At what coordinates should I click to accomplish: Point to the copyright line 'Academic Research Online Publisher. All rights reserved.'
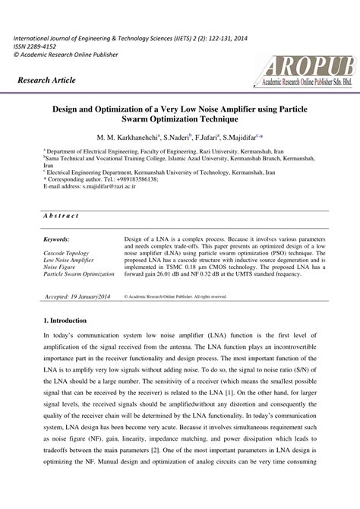pyautogui.click(x=179, y=296)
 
